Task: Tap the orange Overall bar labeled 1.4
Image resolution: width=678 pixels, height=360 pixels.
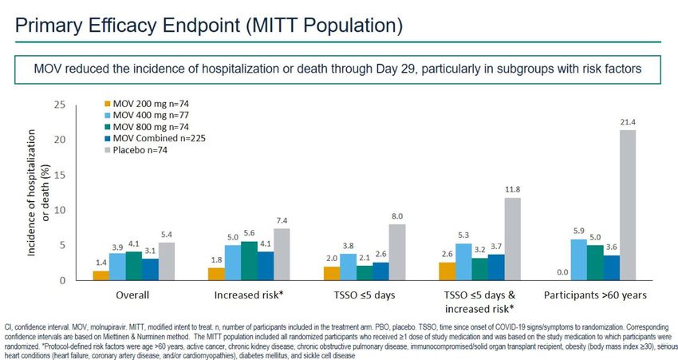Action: pos(101,275)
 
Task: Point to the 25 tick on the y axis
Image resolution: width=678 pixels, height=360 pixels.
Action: pos(59,105)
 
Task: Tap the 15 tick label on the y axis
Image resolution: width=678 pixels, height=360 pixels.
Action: pos(59,175)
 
